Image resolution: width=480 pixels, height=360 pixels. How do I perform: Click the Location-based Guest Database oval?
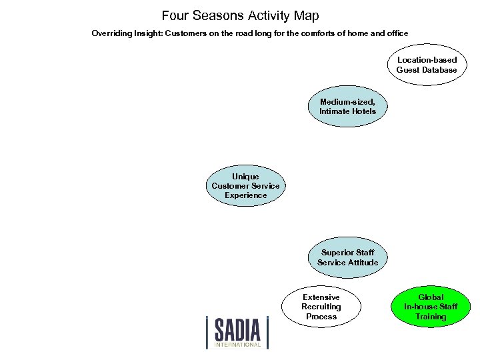click(x=427, y=65)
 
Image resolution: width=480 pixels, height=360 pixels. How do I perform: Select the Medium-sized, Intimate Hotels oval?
click(x=347, y=107)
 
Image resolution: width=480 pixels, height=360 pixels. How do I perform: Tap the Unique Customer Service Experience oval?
click(x=245, y=186)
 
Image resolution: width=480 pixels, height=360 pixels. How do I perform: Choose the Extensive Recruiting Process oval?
click(x=321, y=307)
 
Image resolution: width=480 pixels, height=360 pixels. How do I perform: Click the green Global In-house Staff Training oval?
click(x=431, y=307)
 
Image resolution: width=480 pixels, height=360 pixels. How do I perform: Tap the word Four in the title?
click(x=175, y=15)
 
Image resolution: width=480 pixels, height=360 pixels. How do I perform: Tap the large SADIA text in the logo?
click(x=237, y=329)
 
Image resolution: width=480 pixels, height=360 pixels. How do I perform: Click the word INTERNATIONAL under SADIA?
click(x=237, y=345)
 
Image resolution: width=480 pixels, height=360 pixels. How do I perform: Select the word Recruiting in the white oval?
click(x=321, y=307)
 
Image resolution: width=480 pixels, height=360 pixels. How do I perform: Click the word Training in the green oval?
click(x=431, y=317)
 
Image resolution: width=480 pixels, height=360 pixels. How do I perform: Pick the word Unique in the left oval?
click(x=245, y=177)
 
